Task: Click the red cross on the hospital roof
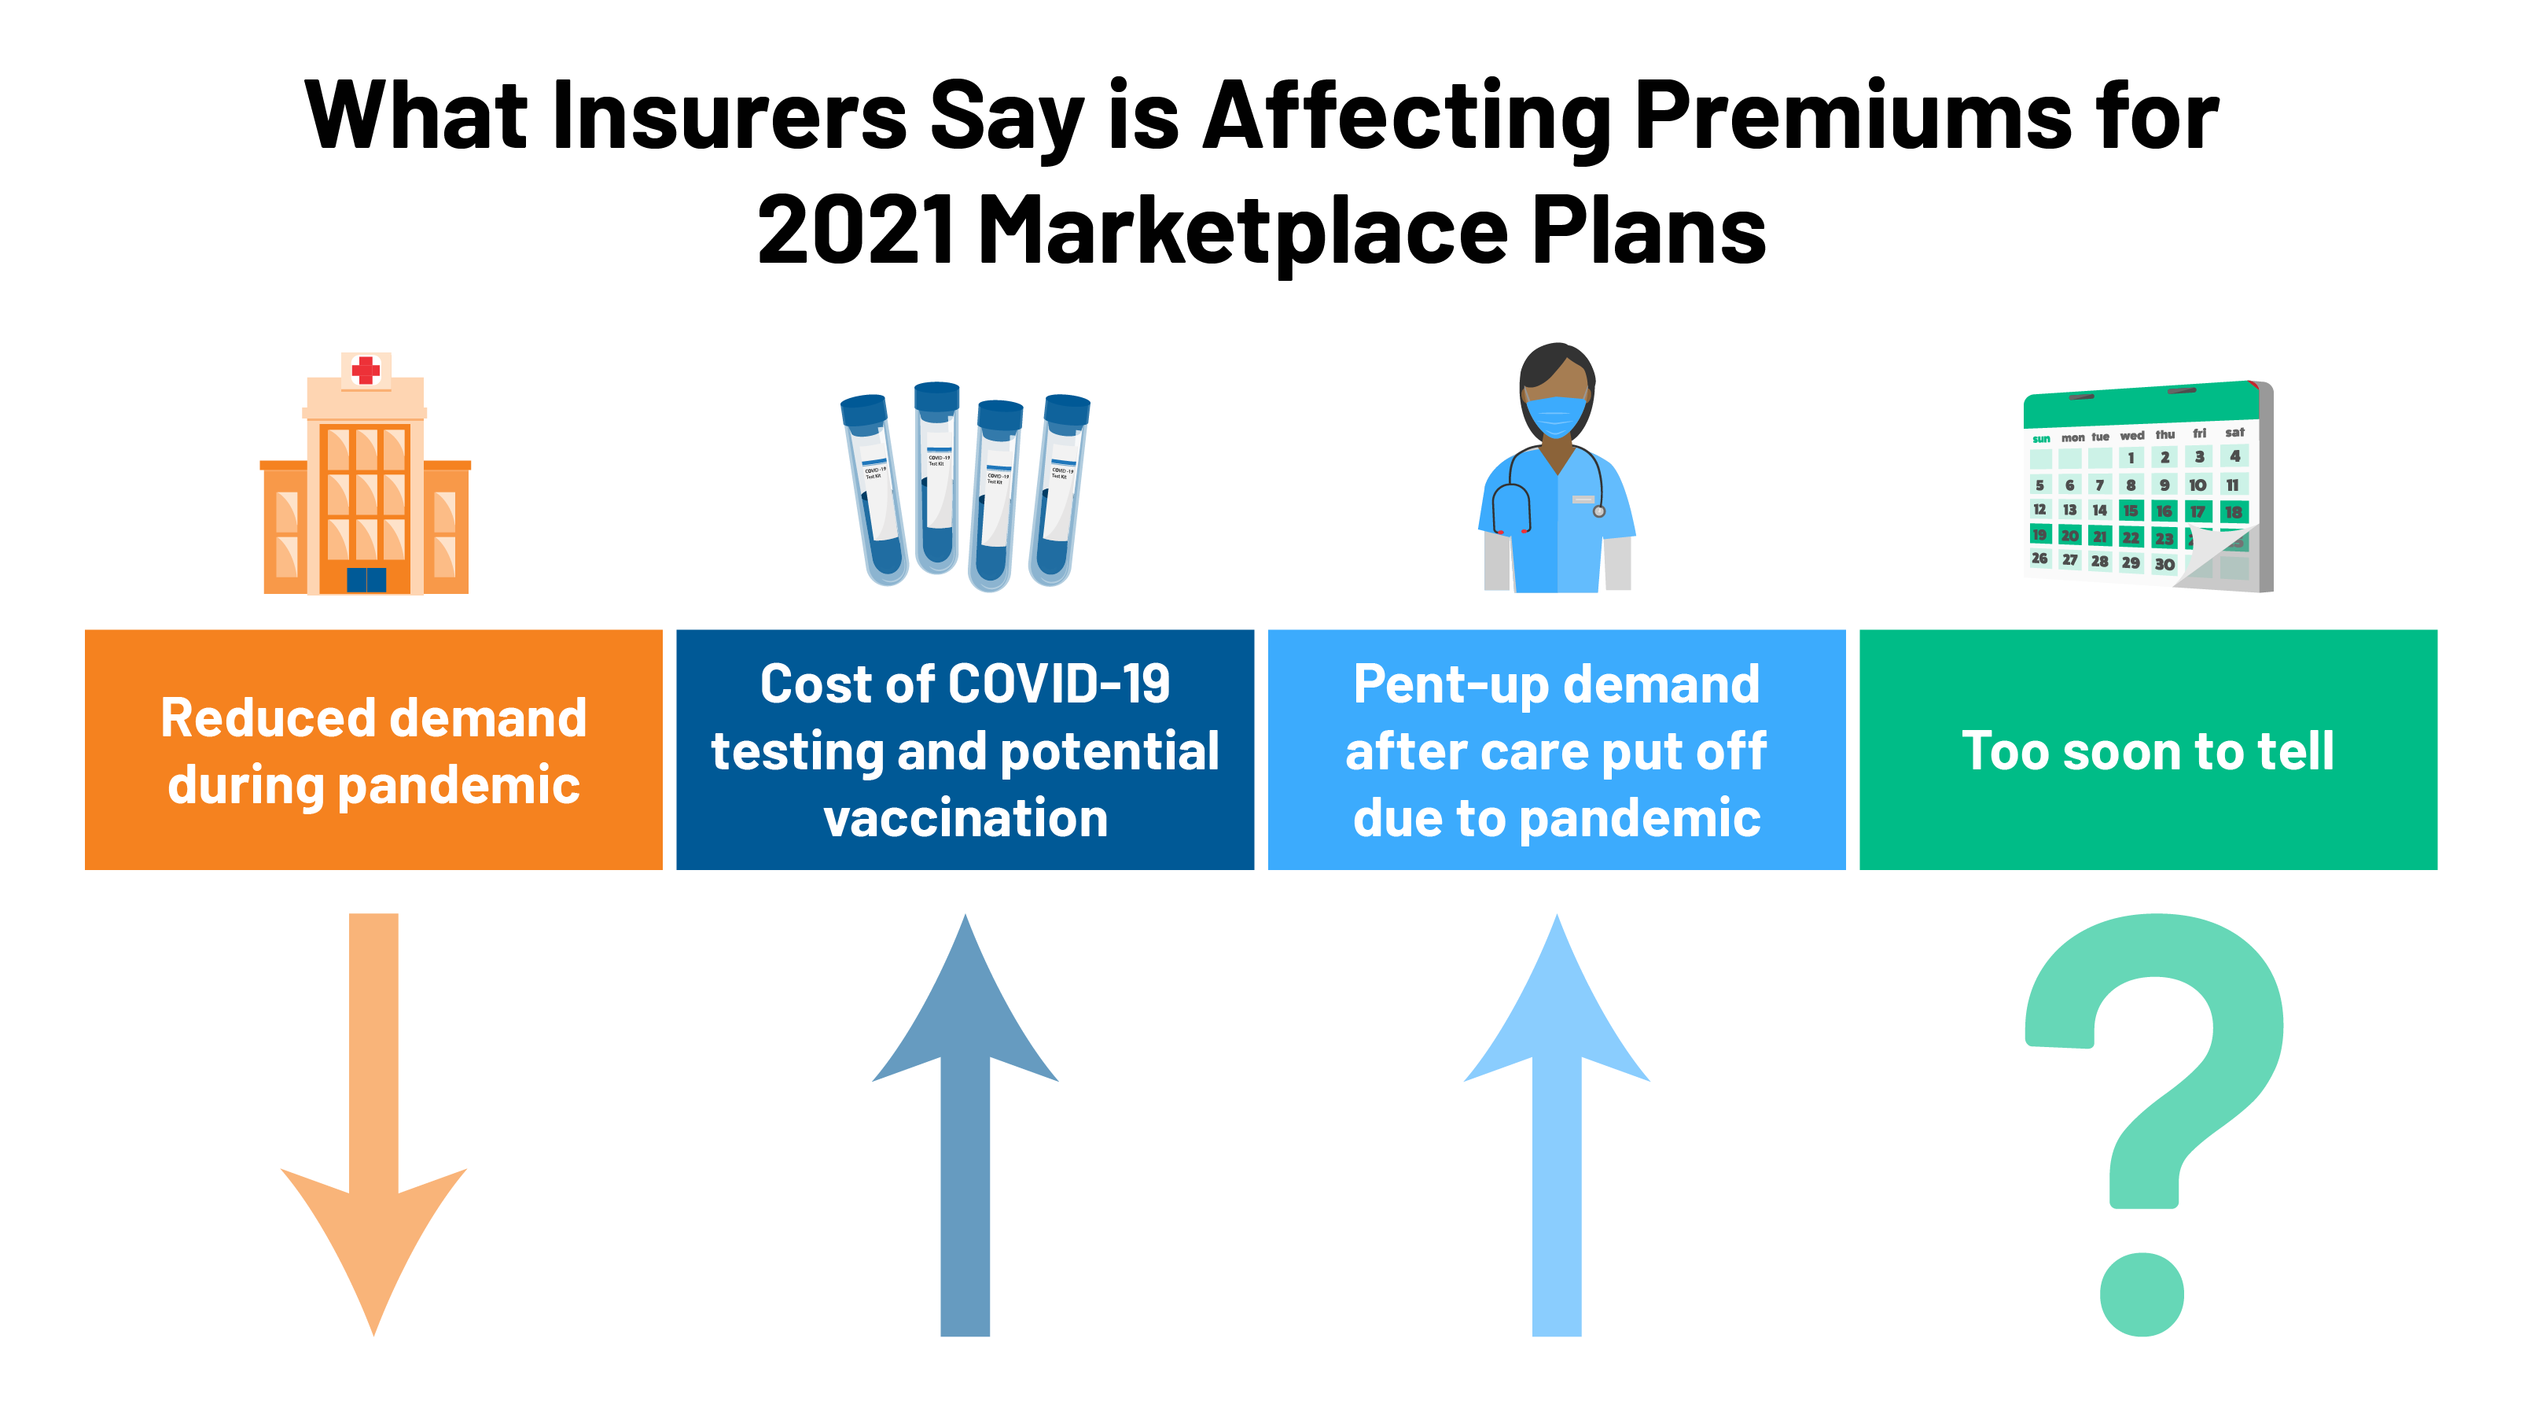coord(366,370)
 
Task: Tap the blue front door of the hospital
coord(366,579)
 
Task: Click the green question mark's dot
coord(2142,1293)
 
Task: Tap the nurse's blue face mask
coord(1555,415)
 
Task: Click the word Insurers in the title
coord(730,116)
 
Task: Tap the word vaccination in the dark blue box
coord(965,818)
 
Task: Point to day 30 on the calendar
coord(2164,565)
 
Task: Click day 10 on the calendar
coord(2198,485)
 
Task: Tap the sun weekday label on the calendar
coord(2041,439)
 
